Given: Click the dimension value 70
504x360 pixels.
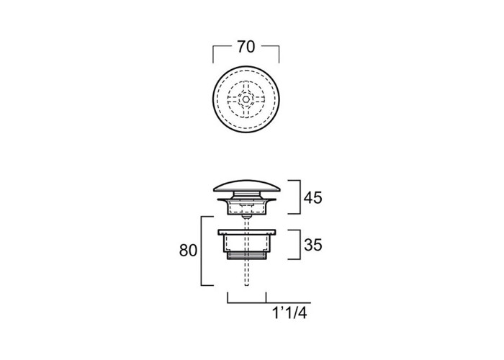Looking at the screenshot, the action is pyautogui.click(x=246, y=47).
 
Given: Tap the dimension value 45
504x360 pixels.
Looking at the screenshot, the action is pyautogui.click(x=312, y=198).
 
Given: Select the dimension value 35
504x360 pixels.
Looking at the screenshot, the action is pyautogui.click(x=313, y=246).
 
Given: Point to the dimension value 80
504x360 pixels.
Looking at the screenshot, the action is pyautogui.click(x=188, y=251).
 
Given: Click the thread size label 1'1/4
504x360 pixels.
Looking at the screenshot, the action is pyautogui.click(x=289, y=312).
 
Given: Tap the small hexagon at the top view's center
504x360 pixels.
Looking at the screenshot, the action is pyautogui.click(x=246, y=99).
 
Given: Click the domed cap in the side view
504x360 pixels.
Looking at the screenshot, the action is pyautogui.click(x=246, y=186).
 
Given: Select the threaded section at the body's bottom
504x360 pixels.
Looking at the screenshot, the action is pyautogui.click(x=246, y=256).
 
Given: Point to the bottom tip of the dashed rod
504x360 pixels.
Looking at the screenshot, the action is pyautogui.click(x=246, y=285).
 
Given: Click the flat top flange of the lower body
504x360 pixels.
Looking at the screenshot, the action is pyautogui.click(x=246, y=232).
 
